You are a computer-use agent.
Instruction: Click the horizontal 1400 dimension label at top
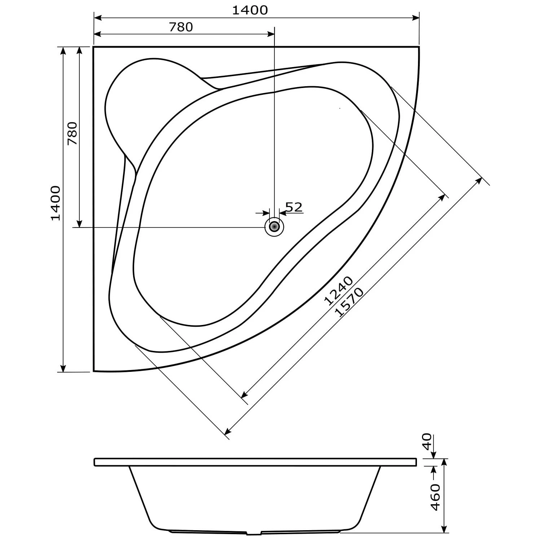(250, 10)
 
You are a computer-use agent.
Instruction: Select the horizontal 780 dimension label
(181, 27)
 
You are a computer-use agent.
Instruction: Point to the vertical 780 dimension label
(72, 133)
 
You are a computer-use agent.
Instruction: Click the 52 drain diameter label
(294, 207)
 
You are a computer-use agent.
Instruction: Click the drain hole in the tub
(274, 227)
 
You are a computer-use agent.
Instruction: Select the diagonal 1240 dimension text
(338, 291)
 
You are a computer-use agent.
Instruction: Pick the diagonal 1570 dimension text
(349, 302)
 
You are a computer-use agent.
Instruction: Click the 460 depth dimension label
(435, 497)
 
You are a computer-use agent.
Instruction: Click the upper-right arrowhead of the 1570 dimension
(479, 180)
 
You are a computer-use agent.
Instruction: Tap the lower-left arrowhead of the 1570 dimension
(228, 432)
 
